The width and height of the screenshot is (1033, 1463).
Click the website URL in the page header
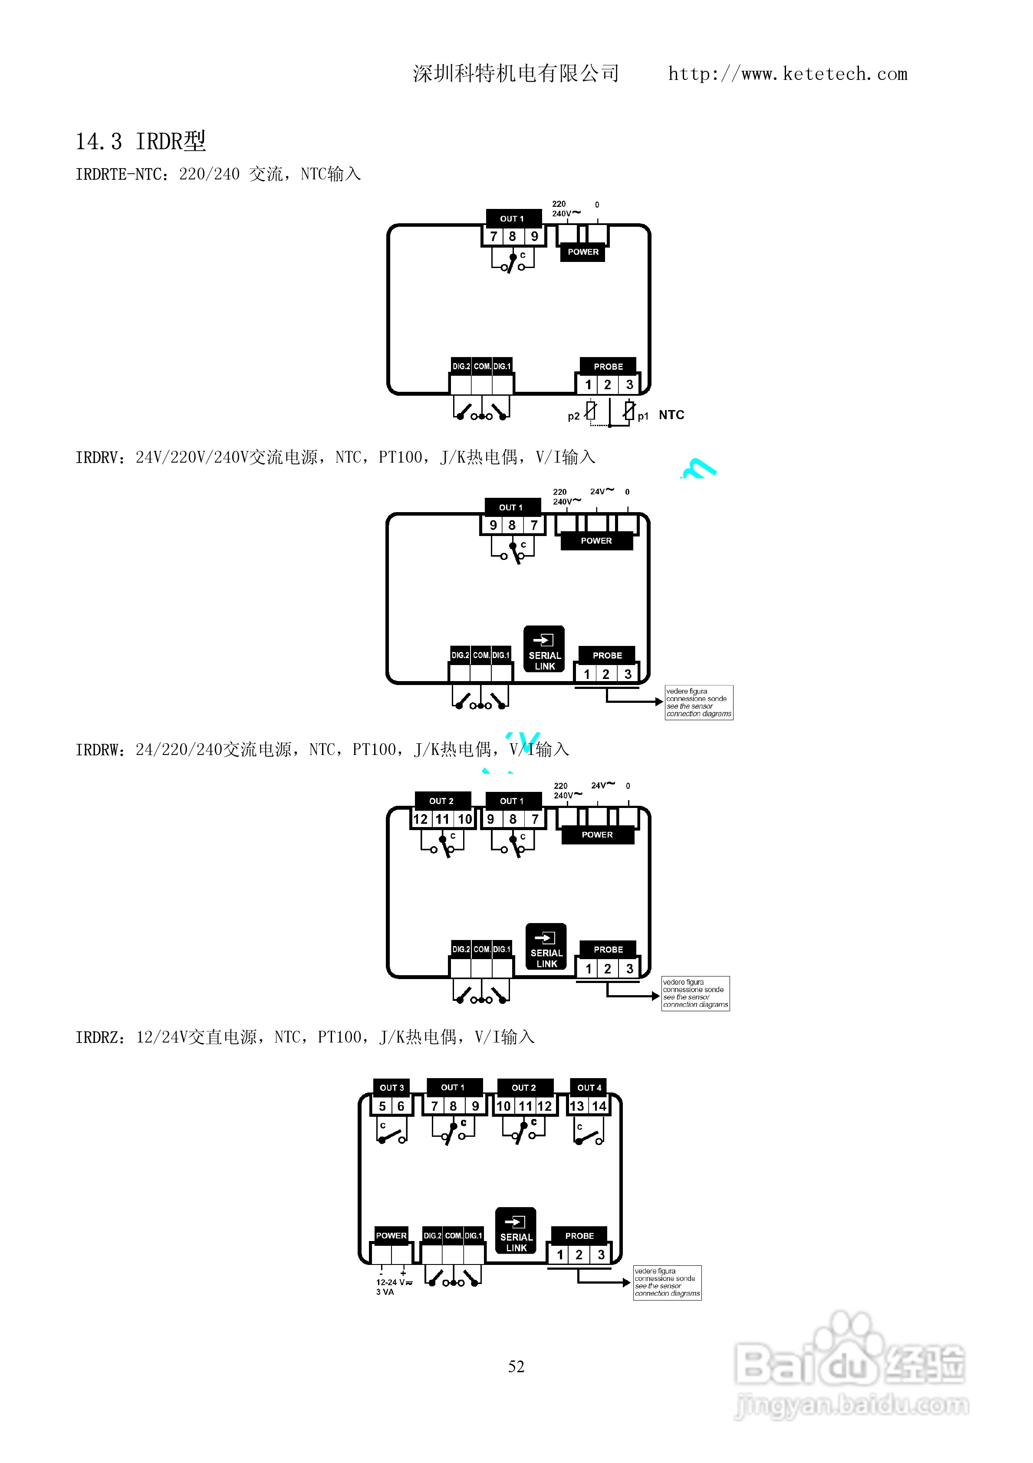point(788,74)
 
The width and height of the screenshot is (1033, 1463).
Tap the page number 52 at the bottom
point(516,1366)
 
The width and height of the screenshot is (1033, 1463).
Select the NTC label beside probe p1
point(671,415)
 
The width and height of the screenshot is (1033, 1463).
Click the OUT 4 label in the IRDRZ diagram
point(589,1087)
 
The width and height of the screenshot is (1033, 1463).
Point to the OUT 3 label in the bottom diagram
point(391,1087)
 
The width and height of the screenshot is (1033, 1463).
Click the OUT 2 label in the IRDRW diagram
point(441,801)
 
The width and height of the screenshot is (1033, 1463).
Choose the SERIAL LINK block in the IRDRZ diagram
point(516,1231)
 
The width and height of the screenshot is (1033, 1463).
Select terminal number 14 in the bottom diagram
point(599,1106)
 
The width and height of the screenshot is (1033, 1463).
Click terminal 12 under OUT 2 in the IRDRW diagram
point(420,819)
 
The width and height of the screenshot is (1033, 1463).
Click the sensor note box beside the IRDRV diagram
point(699,702)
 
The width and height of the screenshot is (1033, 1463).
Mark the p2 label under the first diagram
point(574,416)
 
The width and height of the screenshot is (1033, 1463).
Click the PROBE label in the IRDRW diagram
point(608,950)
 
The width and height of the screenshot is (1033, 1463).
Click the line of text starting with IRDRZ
point(305,1037)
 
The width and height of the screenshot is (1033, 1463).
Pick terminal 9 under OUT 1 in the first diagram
point(534,236)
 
